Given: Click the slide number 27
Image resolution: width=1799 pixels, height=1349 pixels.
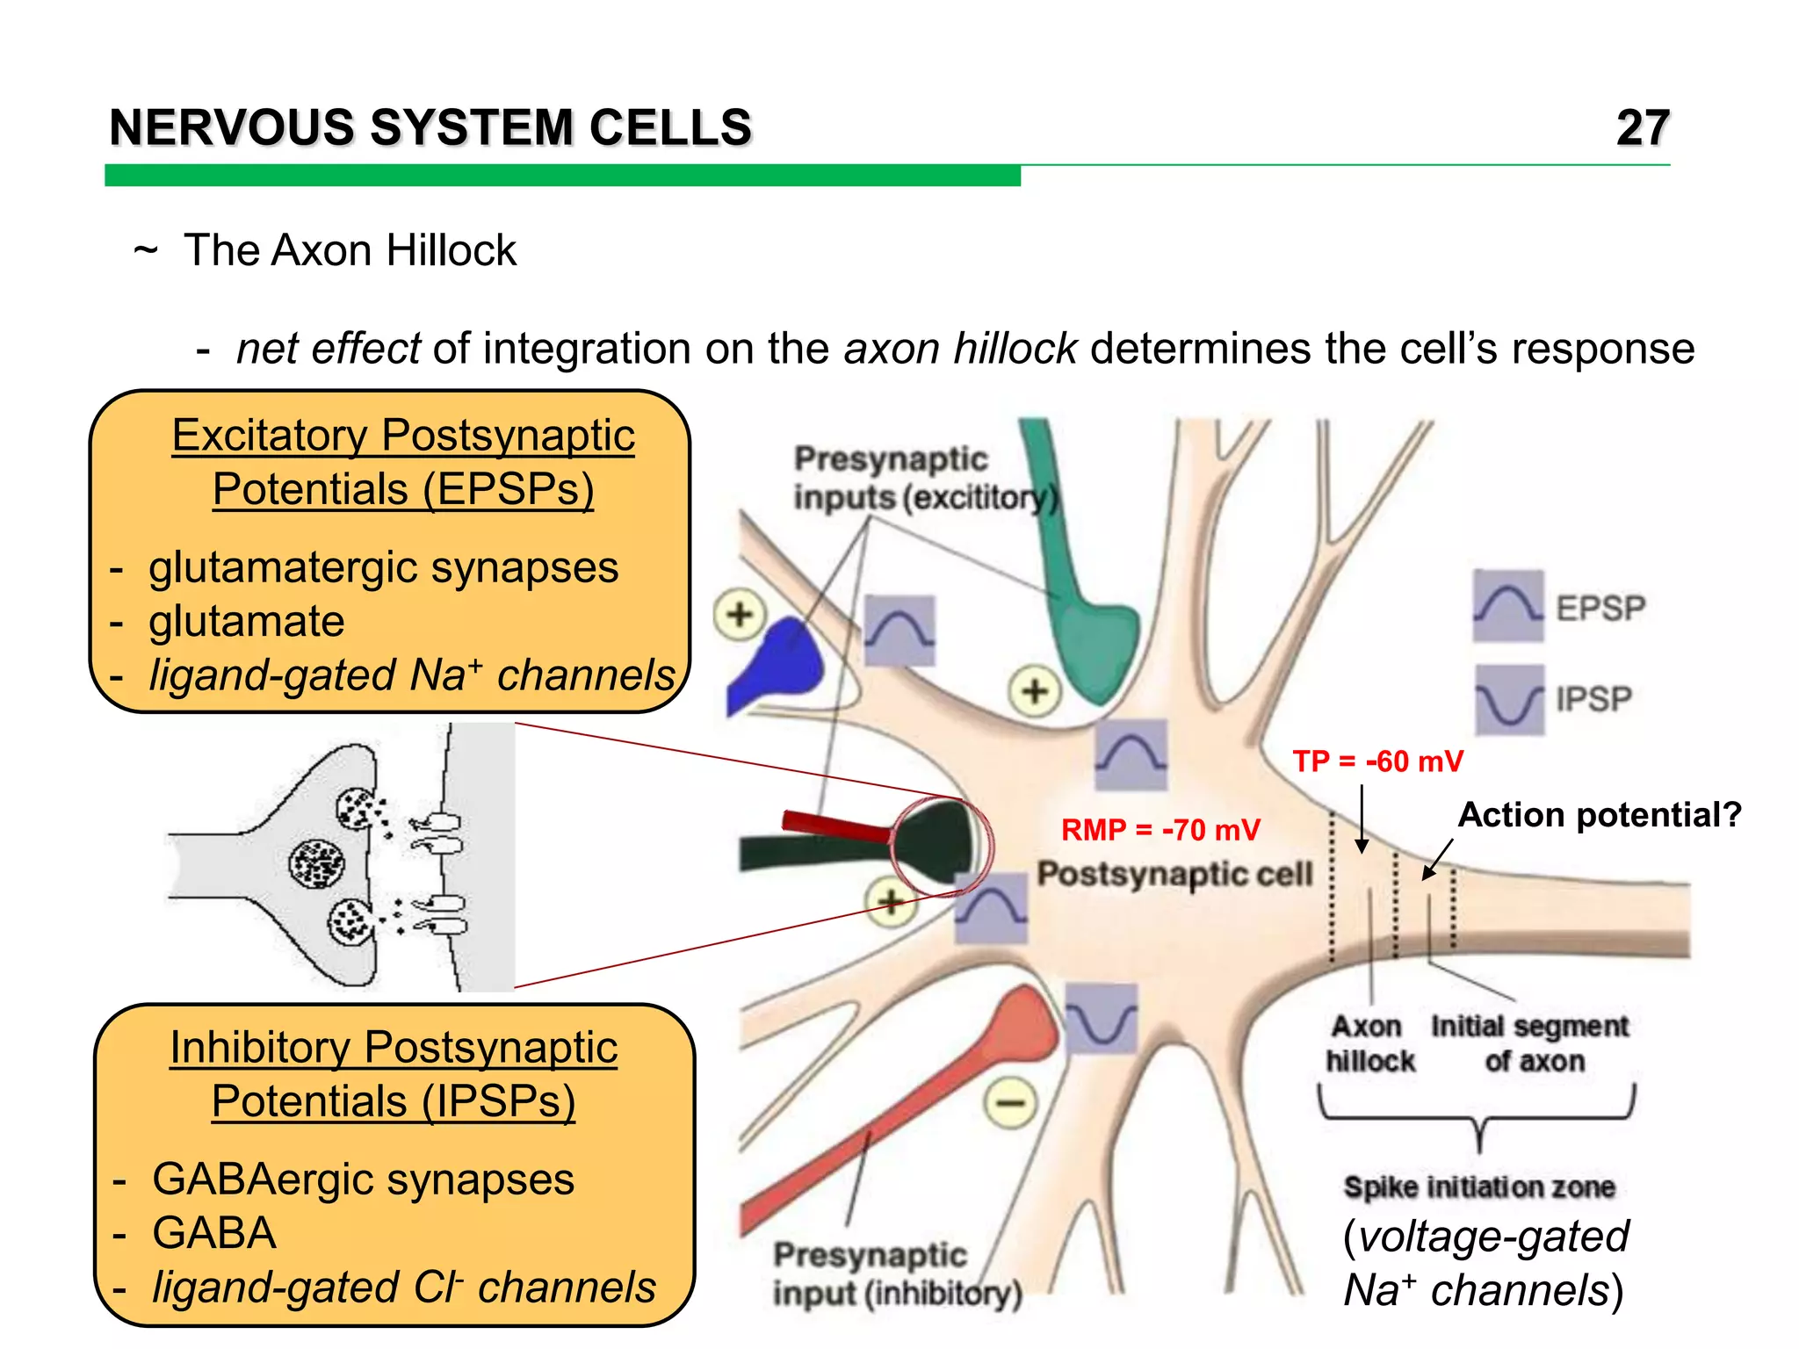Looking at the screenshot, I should pos(1642,128).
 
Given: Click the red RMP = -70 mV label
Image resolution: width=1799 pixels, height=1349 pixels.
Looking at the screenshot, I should pos(1160,830).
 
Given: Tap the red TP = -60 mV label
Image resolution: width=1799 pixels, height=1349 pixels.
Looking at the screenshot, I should pos(1377,761).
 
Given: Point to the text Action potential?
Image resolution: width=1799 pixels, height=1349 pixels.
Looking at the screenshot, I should pos(1600,815).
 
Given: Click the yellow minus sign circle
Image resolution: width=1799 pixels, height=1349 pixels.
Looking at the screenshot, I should pos(1010,1102).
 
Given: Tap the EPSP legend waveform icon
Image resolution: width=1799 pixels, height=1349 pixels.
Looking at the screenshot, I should pos(1508,606).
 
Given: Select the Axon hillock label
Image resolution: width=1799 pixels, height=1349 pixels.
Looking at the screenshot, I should pos(1369,1043).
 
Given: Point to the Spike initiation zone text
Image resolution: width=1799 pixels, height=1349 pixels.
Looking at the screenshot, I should pos(1479,1187).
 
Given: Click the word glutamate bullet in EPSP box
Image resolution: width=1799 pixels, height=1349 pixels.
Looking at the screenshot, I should pos(247,622).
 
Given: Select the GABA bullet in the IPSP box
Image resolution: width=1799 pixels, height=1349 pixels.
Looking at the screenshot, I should pos(214,1233).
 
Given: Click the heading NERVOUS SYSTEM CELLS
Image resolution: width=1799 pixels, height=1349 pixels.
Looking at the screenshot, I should pos(430,128).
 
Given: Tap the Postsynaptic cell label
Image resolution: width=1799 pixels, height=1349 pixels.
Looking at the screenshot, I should pos(1174,874).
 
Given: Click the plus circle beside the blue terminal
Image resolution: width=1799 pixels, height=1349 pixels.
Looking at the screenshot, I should pos(740,614).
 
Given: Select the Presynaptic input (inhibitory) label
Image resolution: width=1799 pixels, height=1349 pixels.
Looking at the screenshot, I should pos(897,1273).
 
